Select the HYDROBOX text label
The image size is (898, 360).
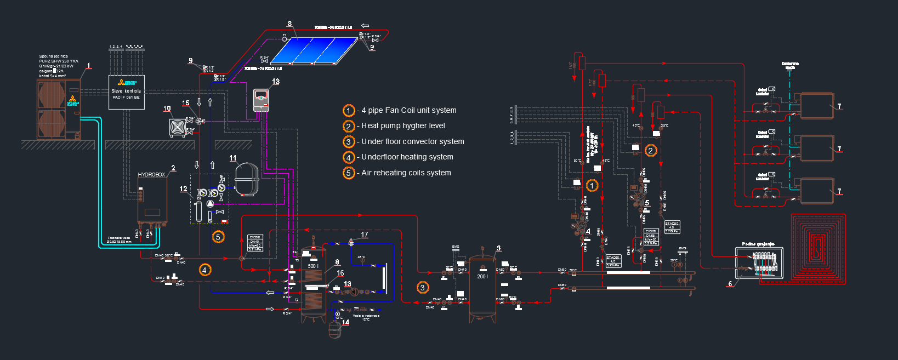point(151,175)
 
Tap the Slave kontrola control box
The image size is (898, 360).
point(126,92)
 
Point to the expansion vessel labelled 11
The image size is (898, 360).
point(247,179)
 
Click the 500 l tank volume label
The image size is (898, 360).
point(313,266)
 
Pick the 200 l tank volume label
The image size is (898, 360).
point(482,277)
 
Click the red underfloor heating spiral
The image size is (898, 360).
point(818,249)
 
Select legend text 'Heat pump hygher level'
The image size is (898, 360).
point(403,126)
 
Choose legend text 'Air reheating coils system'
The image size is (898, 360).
point(406,173)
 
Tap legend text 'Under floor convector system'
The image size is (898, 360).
point(413,142)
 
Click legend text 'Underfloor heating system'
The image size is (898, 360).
point(407,157)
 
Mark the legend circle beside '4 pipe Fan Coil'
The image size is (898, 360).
point(349,111)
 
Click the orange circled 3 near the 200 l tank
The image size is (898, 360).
point(422,288)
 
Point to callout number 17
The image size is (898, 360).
point(365,235)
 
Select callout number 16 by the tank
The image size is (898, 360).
point(340,273)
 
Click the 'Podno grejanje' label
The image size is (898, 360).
point(758,244)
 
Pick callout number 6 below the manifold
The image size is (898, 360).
point(730,284)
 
